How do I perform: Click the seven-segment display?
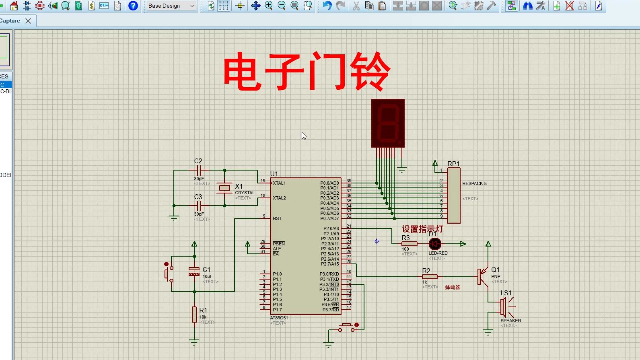(388, 123)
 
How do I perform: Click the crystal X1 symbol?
(224, 188)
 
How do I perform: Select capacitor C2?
(199, 171)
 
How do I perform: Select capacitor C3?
(199, 206)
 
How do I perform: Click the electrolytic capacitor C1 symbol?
(194, 272)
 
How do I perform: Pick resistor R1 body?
(194, 315)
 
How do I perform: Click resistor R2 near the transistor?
(430, 277)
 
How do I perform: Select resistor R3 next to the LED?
(409, 244)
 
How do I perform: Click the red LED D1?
(435, 244)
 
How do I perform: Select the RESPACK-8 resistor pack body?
(454, 195)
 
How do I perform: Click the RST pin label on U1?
(277, 218)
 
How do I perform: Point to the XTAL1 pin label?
(279, 183)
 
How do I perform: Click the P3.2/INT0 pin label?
(329, 284)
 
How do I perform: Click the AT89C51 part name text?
(279, 318)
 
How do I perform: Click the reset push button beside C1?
(168, 273)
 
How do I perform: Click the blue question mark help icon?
(133, 6)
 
